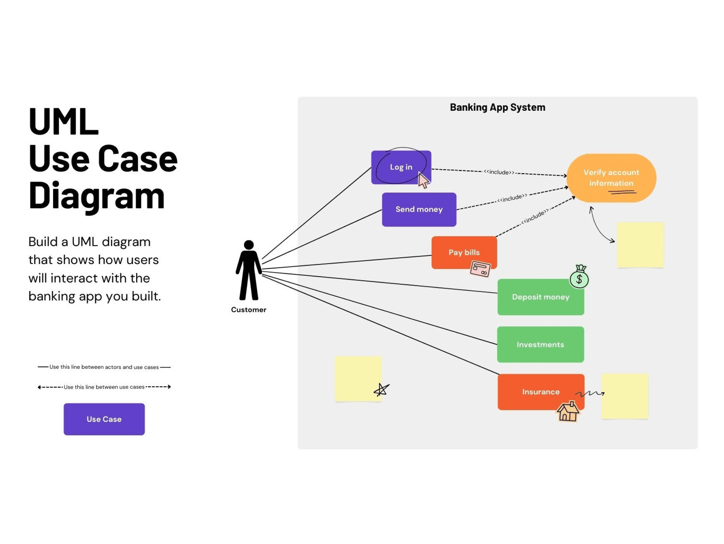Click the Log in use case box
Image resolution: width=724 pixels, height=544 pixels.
click(401, 167)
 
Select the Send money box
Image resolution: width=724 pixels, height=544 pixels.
click(419, 210)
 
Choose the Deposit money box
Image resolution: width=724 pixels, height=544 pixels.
click(540, 297)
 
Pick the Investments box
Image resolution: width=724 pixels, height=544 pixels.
click(540, 344)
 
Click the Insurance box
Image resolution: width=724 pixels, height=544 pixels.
click(540, 392)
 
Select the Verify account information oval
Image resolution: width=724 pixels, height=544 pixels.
click(611, 178)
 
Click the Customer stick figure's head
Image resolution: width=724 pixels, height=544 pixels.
click(249, 245)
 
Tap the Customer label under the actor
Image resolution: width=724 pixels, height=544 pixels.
click(249, 310)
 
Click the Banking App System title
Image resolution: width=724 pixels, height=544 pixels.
click(497, 107)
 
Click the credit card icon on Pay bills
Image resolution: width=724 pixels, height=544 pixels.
click(480, 269)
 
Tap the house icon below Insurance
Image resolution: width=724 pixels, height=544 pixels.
click(568, 412)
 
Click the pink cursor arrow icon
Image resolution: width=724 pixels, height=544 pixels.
click(423, 180)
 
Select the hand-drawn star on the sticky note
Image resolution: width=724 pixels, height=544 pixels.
click(381, 390)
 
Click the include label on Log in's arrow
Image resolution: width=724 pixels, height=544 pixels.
click(499, 172)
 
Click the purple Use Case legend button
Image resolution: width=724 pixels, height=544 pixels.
click(104, 419)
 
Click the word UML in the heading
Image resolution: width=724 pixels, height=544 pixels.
click(64, 122)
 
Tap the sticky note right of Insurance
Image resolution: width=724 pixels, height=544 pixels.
click(625, 396)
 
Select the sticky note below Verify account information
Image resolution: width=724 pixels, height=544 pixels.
click(640, 245)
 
